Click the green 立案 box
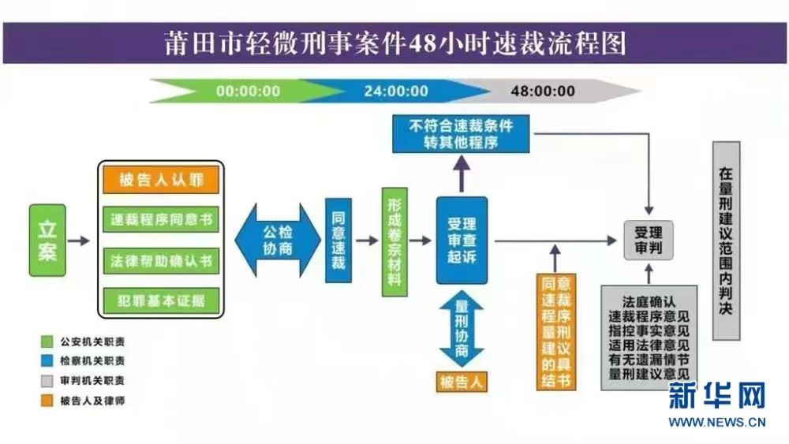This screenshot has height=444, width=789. (47, 240)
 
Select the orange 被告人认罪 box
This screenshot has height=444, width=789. (162, 180)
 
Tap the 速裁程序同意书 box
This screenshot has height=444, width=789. (162, 219)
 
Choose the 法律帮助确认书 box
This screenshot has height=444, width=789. (162, 260)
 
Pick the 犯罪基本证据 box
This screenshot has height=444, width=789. (162, 300)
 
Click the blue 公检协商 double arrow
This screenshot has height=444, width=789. (278, 240)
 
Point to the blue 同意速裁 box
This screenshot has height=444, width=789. (338, 240)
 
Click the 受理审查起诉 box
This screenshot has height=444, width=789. (462, 240)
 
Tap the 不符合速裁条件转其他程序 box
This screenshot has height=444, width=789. (462, 133)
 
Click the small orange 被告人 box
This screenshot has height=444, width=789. (462, 382)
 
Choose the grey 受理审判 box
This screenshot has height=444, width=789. (649, 241)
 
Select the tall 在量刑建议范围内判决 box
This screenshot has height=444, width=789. (726, 241)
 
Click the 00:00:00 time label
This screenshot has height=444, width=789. (248, 91)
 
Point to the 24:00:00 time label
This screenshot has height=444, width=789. (396, 91)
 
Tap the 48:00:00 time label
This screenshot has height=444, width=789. (543, 91)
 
